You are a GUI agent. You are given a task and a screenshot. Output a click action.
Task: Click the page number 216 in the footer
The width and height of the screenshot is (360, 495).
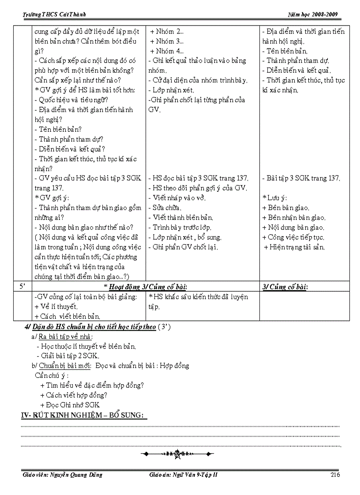coord(335,475)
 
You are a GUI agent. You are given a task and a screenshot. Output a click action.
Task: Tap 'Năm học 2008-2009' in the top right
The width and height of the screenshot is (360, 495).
coord(315,15)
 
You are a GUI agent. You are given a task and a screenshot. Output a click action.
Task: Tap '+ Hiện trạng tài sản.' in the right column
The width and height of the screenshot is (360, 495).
coord(294,247)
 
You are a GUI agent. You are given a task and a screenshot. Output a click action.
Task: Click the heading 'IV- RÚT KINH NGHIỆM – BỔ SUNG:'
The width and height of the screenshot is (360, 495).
coord(84,415)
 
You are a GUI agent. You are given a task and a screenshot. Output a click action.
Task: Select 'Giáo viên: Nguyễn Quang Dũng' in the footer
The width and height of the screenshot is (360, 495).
coord(62,475)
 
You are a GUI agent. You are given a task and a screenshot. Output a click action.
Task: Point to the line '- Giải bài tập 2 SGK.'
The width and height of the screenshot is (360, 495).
coord(68,356)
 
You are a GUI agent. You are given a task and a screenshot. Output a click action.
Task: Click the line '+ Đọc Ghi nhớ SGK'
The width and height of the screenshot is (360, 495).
coord(70,405)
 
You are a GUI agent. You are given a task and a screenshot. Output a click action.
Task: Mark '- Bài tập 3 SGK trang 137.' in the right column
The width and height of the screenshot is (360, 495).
coord(301,178)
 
